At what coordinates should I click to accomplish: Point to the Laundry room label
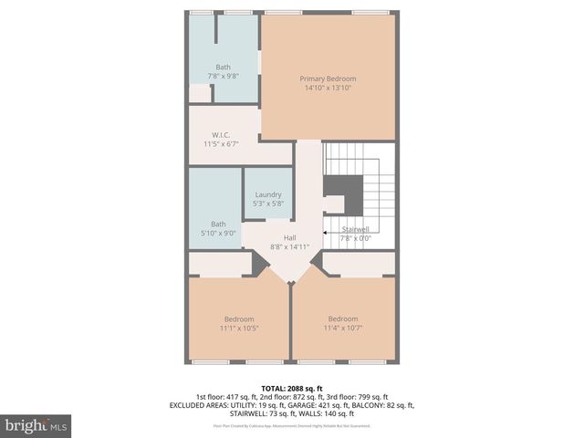pyautogui.click(x=268, y=193)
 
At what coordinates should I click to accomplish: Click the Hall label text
pyautogui.click(x=290, y=237)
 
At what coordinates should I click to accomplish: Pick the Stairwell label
pyautogui.click(x=355, y=229)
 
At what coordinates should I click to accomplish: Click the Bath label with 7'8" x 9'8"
pyautogui.click(x=224, y=67)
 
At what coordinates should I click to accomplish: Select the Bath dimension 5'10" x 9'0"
pyautogui.click(x=219, y=234)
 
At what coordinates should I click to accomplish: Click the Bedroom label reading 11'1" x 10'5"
pyautogui.click(x=240, y=318)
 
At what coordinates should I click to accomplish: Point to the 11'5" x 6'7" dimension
pyautogui.click(x=221, y=144)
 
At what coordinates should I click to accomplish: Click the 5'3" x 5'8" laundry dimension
pyautogui.click(x=268, y=203)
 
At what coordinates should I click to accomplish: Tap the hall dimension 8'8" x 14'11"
pyautogui.click(x=290, y=247)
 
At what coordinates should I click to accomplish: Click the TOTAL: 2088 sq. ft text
pyautogui.click(x=291, y=388)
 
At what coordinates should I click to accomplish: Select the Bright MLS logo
pyautogui.click(x=36, y=426)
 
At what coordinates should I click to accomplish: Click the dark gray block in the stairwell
pyautogui.click(x=343, y=190)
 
